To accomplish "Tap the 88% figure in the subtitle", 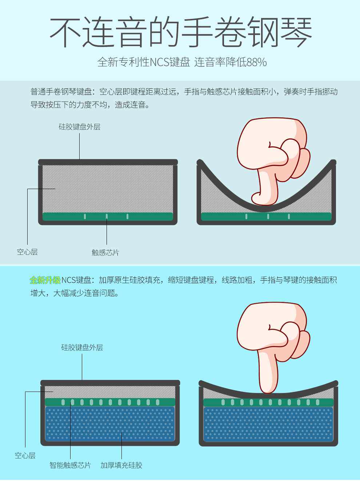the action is [x=256, y=63].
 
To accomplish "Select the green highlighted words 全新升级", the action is [x=45, y=280].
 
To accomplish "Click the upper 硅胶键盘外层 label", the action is [x=80, y=127].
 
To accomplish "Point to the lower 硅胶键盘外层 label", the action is [x=82, y=348].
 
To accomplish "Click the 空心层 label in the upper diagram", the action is [x=27, y=252].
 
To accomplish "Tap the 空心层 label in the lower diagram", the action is [x=25, y=456].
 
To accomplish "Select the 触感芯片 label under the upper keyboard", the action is [x=105, y=252].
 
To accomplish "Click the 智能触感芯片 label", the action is [x=70, y=465].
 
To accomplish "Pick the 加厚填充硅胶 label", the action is [x=121, y=465].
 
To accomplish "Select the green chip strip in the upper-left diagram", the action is [x=108, y=216].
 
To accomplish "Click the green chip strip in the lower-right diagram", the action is [x=268, y=402].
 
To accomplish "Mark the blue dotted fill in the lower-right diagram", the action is [x=268, y=424].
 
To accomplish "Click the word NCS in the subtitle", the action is [x=159, y=63].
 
